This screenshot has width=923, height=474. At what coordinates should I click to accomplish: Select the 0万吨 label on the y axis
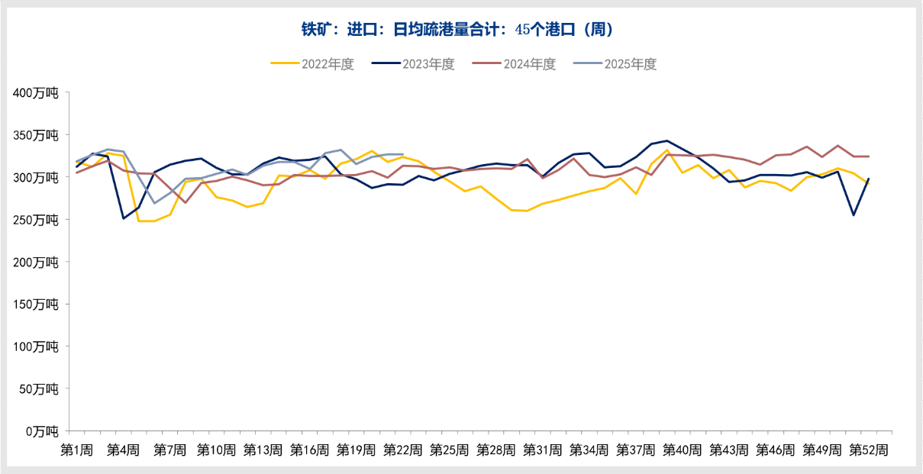point(41,431)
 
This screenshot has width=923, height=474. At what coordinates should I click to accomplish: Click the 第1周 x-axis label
point(77,450)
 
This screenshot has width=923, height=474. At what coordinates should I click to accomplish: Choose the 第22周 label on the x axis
point(403,450)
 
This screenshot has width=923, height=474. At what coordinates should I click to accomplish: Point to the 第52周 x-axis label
point(869,450)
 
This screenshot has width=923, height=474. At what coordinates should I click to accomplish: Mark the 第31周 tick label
point(543,450)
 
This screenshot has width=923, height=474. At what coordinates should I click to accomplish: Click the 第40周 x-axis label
point(683,450)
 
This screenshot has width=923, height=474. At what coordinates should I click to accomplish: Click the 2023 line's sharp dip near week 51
point(854,215)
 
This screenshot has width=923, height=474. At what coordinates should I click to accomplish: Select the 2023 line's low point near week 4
point(124,218)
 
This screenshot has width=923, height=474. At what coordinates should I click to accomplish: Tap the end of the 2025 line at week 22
point(403,154)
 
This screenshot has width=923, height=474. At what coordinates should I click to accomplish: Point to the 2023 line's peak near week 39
point(667,140)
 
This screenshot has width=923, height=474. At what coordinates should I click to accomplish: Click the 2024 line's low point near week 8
point(186,202)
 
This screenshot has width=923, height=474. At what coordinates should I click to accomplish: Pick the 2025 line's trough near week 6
point(155,203)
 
